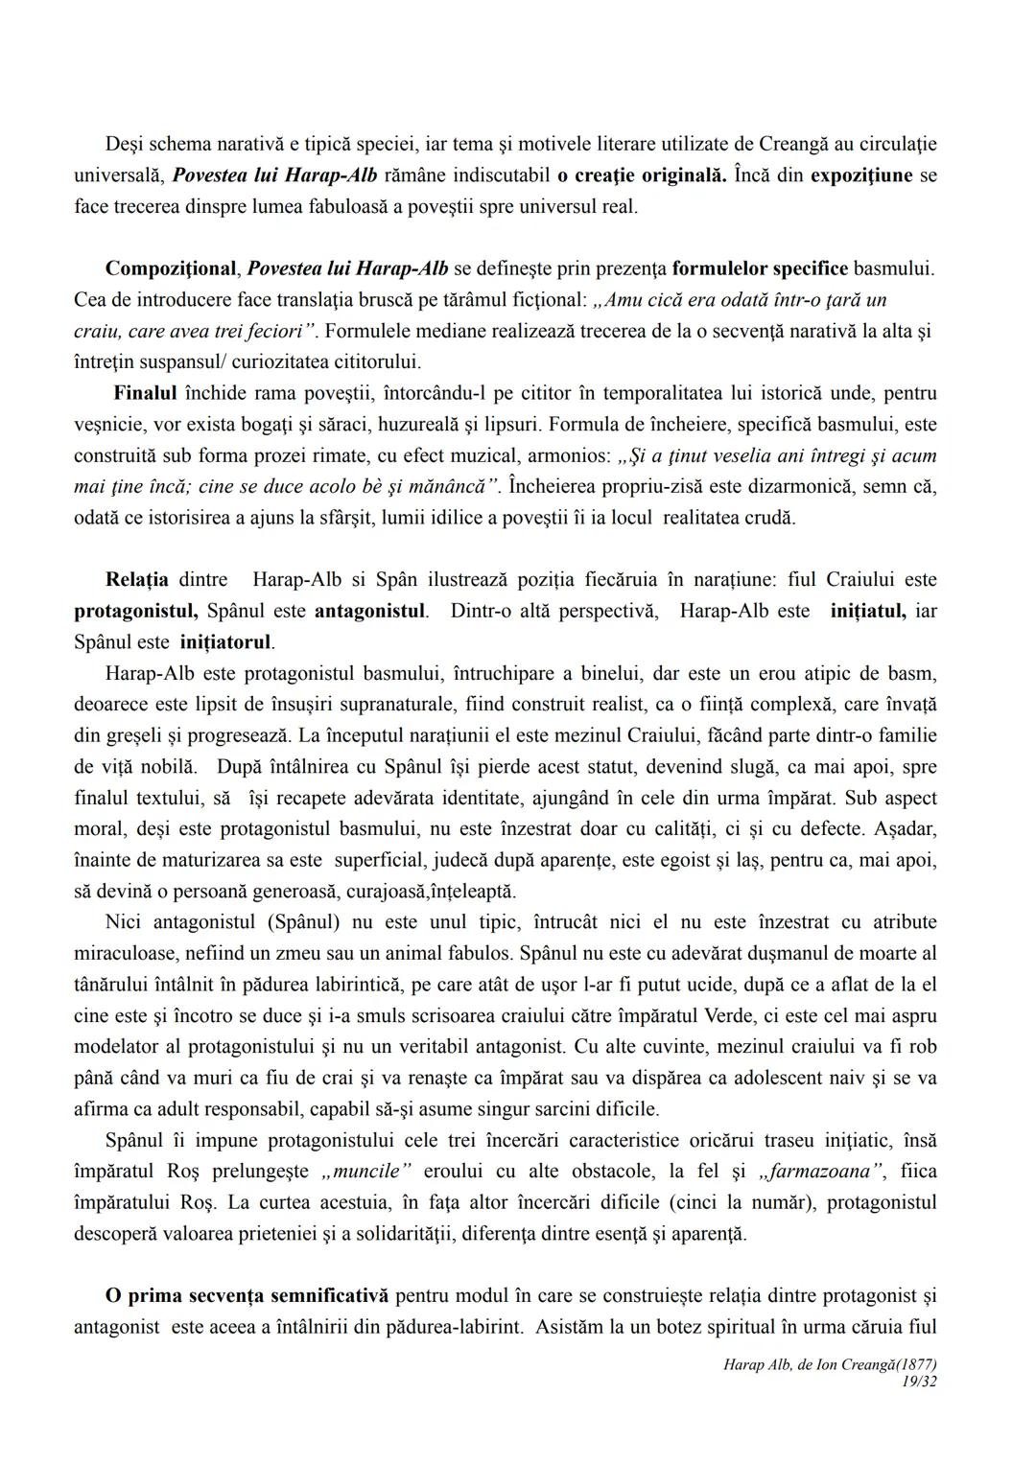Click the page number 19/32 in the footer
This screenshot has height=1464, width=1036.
click(919, 1382)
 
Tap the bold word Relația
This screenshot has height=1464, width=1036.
click(136, 579)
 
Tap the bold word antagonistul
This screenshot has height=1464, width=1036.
click(370, 611)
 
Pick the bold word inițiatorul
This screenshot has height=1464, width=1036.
click(225, 641)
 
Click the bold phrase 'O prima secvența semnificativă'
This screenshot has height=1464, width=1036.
click(247, 1296)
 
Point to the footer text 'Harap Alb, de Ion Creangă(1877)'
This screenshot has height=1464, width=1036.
click(830, 1364)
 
